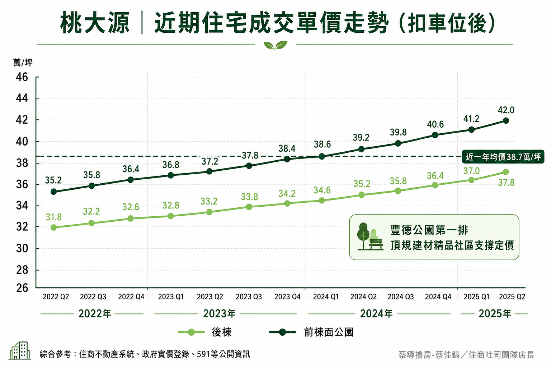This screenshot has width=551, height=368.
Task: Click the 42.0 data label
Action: click(506, 110)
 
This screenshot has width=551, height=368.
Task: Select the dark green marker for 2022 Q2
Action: click(53, 192)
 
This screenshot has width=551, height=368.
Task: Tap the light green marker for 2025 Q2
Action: click(506, 172)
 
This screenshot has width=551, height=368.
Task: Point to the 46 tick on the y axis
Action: click(22, 77)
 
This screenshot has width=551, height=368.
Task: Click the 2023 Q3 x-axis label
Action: click(249, 296)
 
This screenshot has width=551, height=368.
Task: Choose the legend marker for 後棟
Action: click(191, 332)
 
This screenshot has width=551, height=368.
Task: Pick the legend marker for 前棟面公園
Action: click(282, 332)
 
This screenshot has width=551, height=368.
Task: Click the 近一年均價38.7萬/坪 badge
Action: click(503, 157)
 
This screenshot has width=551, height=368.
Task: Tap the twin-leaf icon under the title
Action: click(275, 45)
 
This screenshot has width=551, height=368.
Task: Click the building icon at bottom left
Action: click(20, 350)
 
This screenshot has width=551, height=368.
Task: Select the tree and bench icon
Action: click(370, 236)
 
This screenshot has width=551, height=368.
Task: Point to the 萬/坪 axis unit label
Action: click(23, 63)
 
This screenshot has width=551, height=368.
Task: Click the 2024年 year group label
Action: click(376, 313)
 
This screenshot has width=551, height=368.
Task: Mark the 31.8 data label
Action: click(53, 217)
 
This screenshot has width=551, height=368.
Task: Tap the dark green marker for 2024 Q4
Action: click(435, 135)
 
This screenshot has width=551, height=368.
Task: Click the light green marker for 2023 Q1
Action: click(171, 216)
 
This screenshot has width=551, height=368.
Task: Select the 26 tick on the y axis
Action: click(22, 288)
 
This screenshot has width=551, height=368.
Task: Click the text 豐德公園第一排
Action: click(429, 230)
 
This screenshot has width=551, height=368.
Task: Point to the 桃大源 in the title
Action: click(95, 23)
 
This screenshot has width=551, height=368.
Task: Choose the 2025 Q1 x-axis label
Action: click(476, 296)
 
